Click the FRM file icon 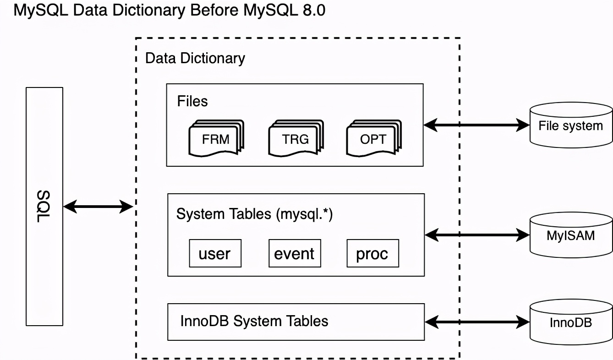(216, 139)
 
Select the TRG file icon (296, 139)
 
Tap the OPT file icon (373, 139)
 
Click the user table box (215, 253)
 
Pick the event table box (295, 253)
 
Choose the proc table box (372, 253)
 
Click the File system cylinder (571, 126)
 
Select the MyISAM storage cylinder (571, 235)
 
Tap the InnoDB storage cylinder (571, 322)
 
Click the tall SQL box (44, 206)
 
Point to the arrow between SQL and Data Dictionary (98, 207)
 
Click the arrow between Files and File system (476, 124)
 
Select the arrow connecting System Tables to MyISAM (477, 235)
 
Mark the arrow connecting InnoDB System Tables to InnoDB (477, 322)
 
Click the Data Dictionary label (195, 58)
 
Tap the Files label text (192, 101)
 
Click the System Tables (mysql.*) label (255, 214)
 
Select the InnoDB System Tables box (296, 322)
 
